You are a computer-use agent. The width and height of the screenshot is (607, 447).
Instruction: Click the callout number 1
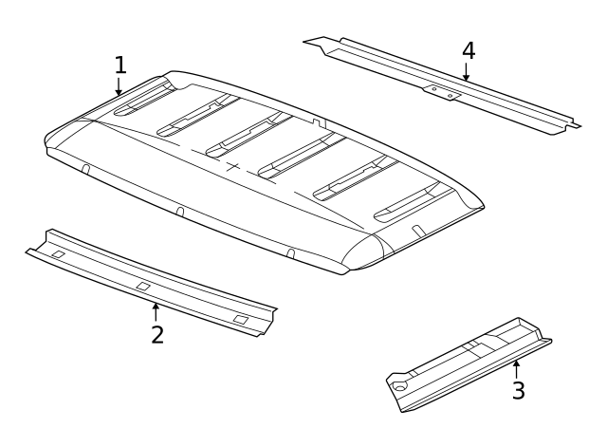coord(120,65)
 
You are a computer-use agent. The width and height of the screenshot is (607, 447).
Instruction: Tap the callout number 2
coord(157,334)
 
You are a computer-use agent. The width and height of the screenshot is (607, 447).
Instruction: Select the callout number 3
coord(518,390)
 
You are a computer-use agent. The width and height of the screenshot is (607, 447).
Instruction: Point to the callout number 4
coord(468,49)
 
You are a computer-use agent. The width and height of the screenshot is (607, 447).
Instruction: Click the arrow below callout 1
coord(119,87)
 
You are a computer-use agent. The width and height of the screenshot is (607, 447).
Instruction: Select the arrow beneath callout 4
coord(466,72)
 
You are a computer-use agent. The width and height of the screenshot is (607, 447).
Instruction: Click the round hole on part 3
coord(401,386)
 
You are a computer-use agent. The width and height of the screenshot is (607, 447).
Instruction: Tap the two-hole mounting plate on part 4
coord(442,92)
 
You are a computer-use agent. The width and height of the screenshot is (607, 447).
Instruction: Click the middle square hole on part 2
coord(142,286)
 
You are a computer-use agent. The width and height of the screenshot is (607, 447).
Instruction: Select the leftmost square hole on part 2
coord(57,254)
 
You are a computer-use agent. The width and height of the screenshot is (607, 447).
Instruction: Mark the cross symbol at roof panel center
coord(233,166)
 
